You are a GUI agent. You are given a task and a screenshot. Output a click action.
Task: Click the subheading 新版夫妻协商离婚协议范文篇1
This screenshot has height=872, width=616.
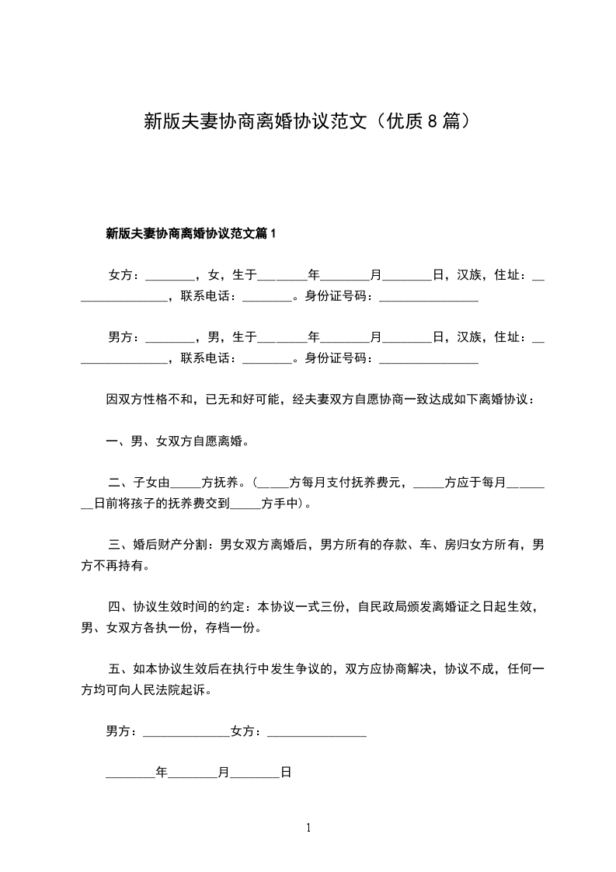(x=191, y=232)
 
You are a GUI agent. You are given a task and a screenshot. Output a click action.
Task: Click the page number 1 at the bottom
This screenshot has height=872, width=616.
(x=308, y=828)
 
